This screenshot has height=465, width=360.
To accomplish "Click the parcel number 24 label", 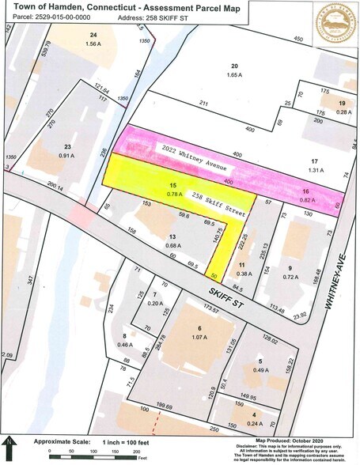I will pos(93,36).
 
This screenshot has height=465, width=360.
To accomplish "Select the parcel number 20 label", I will pos(234,66).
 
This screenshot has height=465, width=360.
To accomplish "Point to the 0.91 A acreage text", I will pos(67,156).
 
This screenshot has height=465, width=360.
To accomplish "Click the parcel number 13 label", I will pos(171,236).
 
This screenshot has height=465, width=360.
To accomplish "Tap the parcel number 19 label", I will pos(342,104).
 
